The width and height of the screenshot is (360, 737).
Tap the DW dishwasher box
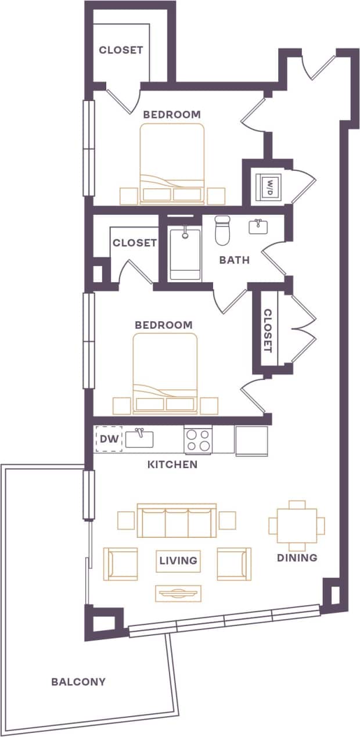[109, 440]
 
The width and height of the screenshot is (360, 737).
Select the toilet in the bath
[223, 231]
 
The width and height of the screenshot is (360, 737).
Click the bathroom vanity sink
[258, 226]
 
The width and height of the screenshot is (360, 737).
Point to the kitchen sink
[139, 438]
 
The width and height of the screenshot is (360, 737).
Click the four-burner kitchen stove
[198, 439]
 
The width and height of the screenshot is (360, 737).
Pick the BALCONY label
[78, 681]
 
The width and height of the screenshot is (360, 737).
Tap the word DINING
[297, 558]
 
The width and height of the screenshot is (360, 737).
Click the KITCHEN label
[172, 465]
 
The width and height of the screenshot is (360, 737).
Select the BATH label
[234, 260]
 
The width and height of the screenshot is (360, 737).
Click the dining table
[297, 526]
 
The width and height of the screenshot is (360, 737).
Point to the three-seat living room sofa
[177, 521]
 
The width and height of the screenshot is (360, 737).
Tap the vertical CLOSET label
[268, 330]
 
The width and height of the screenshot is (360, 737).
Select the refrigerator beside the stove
[251, 441]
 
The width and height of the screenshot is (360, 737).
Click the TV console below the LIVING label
[178, 593]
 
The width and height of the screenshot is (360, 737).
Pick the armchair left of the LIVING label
[120, 563]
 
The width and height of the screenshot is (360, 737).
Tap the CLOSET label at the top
[121, 50]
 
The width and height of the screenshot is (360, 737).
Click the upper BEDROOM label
[172, 114]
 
